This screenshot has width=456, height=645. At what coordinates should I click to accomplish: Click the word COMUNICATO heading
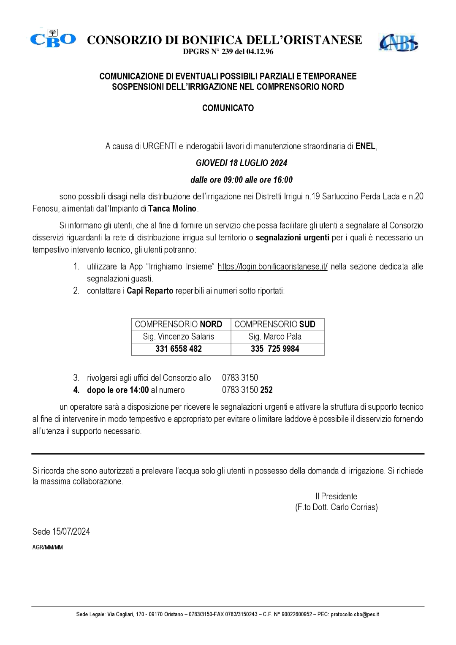click(228, 108)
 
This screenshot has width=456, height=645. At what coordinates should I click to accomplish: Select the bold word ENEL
click(365, 147)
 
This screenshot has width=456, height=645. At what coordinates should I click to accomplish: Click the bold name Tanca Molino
click(172, 209)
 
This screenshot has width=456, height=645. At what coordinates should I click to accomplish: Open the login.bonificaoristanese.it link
click(272, 267)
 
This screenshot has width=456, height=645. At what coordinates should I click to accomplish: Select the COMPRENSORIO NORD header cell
click(179, 324)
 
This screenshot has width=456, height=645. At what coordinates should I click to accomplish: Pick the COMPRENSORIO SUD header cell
click(275, 324)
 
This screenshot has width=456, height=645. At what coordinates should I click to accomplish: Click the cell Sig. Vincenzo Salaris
click(179, 337)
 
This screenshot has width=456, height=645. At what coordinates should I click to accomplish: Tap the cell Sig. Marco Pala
click(275, 337)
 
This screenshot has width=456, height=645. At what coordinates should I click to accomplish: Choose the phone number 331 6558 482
click(179, 349)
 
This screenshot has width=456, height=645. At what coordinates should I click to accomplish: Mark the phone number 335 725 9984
click(275, 349)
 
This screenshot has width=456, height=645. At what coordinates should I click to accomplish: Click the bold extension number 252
click(266, 390)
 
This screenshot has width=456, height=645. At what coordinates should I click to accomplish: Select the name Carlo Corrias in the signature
click(354, 507)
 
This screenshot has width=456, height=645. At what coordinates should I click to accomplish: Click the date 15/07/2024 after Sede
click(71, 532)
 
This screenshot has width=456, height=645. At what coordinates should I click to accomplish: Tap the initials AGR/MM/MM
click(47, 547)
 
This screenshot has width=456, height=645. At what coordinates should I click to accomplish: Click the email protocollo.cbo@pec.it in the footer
click(355, 615)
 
